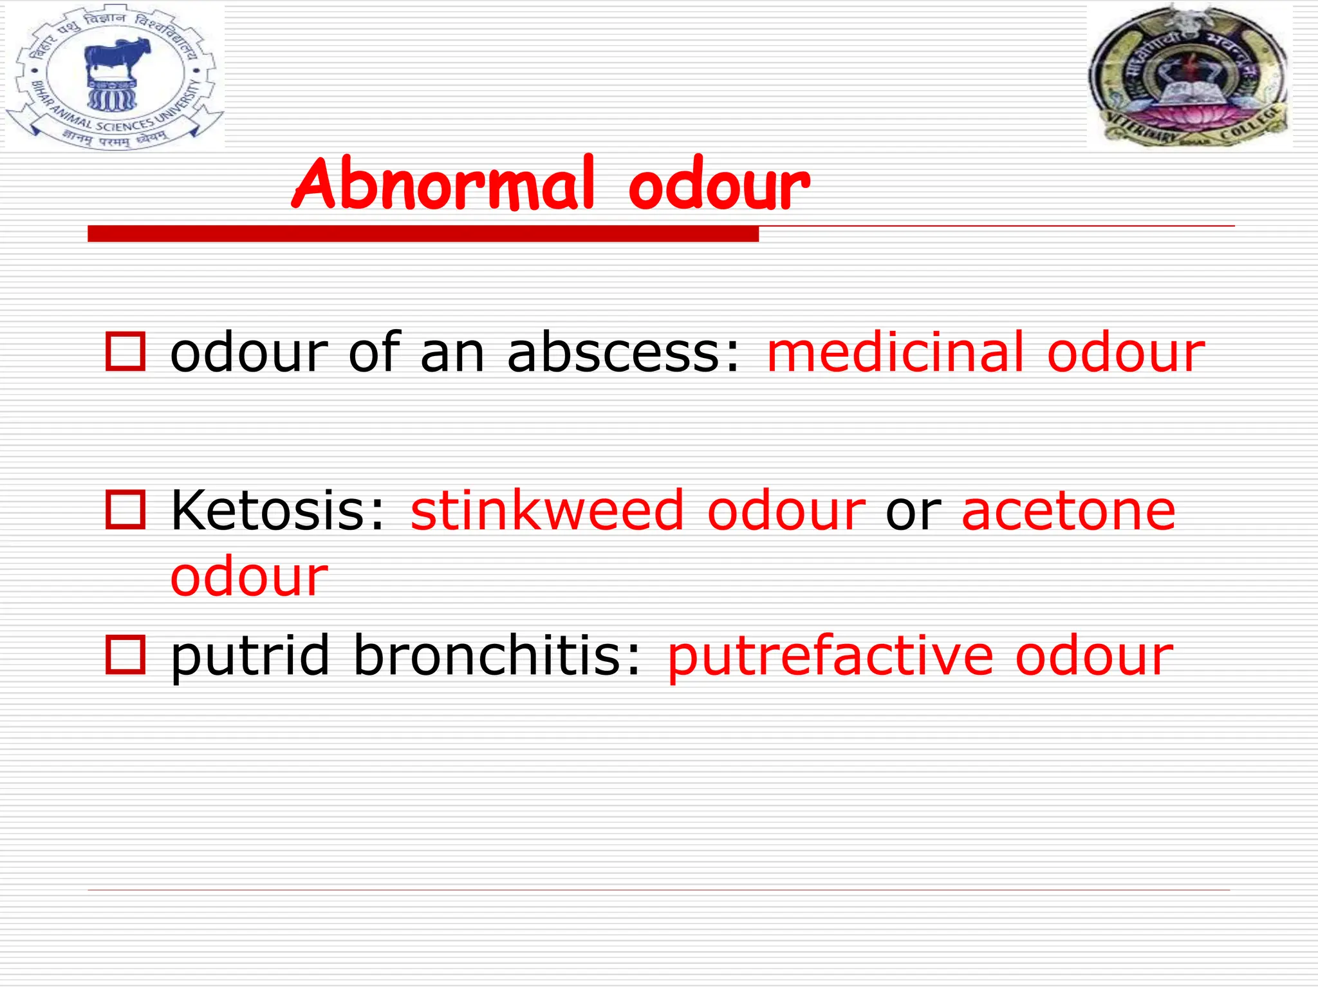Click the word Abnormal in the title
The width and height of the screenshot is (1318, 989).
[443, 185]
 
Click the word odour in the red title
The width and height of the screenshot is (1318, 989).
[719, 187]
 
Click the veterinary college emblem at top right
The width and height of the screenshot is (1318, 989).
[1189, 76]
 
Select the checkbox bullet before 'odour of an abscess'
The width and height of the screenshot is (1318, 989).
[125, 352]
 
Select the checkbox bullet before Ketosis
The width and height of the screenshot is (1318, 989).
[125, 510]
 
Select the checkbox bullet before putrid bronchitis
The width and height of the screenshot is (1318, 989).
[125, 654]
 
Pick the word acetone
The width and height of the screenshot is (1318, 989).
[1068, 511]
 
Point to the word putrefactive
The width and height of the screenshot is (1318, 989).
[830, 657]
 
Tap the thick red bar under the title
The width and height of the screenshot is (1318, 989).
[423, 234]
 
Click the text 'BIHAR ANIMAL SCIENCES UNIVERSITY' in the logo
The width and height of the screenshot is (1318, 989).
[109, 119]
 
